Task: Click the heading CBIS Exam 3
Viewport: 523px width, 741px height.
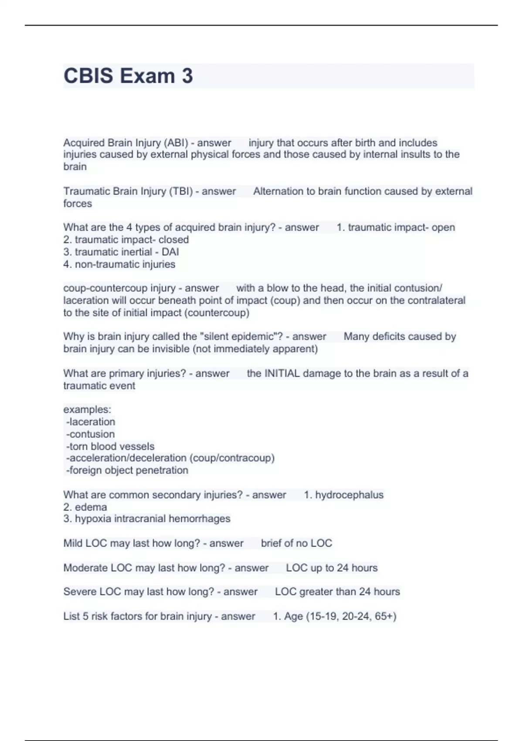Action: [x=128, y=76]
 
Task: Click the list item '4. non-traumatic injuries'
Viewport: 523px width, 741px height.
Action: [x=119, y=264]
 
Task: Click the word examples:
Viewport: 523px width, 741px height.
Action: [x=87, y=410]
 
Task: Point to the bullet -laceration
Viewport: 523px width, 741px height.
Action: [x=91, y=422]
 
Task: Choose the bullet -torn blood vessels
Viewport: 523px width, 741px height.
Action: [x=110, y=446]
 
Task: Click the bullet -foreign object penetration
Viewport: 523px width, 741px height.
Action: [x=127, y=470]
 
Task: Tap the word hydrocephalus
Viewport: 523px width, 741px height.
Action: [x=349, y=495]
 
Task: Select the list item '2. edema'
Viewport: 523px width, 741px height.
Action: [x=85, y=507]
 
